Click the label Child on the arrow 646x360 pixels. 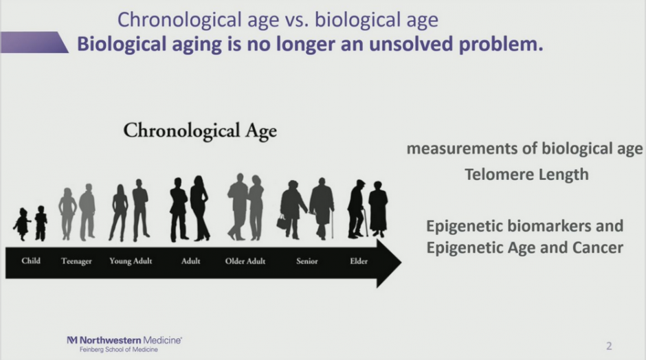tap(31, 261)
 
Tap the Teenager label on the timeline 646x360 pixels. tap(76, 261)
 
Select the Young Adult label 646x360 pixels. tap(131, 261)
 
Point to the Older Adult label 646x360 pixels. tap(245, 261)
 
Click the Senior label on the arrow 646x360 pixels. tap(307, 261)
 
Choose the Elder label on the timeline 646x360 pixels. tap(359, 261)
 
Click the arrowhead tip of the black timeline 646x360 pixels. tap(401, 262)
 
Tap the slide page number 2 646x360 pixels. tap(609, 346)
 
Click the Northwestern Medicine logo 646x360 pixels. tap(124, 340)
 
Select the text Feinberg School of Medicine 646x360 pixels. tap(119, 350)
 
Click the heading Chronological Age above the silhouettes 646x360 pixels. tap(200, 131)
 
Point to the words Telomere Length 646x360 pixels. tap(526, 175)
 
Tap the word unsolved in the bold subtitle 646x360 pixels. tap(410, 44)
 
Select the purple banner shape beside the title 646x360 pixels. tap(34, 43)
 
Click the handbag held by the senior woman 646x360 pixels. tap(282, 223)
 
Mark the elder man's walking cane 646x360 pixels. tap(365, 223)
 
